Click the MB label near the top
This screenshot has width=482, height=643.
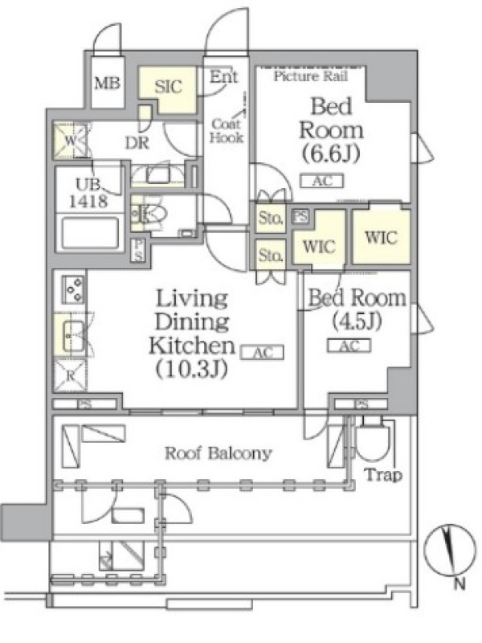coord(107,84)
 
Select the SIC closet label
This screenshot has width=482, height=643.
coord(168,87)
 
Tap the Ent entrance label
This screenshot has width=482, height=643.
coord(223,76)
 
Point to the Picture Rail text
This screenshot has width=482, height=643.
coord(310,76)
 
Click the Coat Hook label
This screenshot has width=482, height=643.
coord(227,130)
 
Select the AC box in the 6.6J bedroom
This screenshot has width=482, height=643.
coord(322,181)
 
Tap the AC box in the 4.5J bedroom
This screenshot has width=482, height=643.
coord(349,346)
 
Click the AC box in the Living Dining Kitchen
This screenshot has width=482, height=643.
coord(262,352)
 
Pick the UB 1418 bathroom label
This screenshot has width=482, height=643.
coord(88,193)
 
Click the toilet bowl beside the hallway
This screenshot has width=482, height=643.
coord(153,214)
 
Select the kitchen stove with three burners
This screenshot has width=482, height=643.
coord(73,289)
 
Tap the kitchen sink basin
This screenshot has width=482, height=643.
coord(73,336)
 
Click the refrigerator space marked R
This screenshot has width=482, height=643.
coord(70,375)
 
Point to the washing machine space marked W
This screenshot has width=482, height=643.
coord(71,140)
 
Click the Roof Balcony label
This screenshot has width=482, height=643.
coord(218,453)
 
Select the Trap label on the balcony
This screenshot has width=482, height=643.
coord(383,475)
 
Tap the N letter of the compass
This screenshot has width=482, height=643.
coord(460,584)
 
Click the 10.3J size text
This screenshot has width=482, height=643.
coord(191,370)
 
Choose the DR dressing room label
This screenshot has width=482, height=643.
coord(137,143)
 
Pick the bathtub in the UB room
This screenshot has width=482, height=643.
coord(89,234)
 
